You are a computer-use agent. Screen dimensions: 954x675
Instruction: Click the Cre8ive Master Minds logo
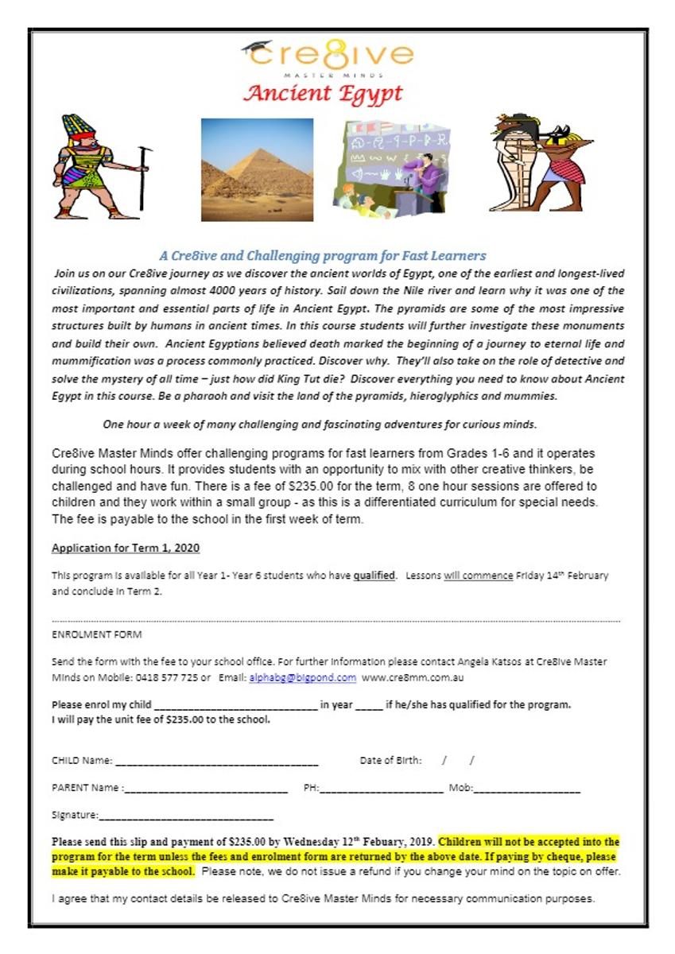[x=328, y=57]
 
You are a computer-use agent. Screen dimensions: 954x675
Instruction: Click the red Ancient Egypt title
[x=323, y=93]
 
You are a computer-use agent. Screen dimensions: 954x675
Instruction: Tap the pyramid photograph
[x=257, y=169]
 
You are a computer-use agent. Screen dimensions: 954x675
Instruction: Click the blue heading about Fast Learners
[x=322, y=256]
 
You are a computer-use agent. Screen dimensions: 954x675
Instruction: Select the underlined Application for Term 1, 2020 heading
[x=125, y=548]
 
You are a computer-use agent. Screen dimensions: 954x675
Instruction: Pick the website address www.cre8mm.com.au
[x=413, y=678]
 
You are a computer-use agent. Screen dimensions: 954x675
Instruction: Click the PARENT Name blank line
[x=206, y=789]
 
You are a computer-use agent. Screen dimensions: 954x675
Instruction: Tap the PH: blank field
[x=382, y=789]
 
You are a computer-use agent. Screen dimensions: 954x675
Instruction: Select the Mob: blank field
[x=526, y=789]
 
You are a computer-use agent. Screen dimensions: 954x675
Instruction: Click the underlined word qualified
[x=374, y=575]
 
